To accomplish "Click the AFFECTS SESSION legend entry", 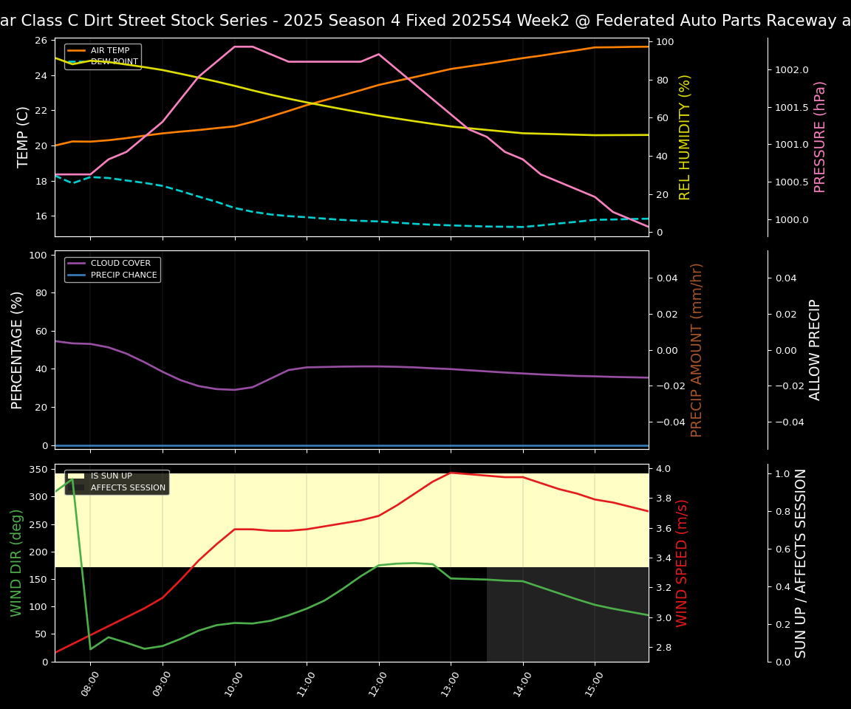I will click(128, 488).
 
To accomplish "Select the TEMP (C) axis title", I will click(23, 137).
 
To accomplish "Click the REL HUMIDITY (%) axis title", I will click(685, 137).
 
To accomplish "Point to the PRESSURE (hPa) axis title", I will click(820, 137).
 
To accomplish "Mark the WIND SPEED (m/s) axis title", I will click(682, 563).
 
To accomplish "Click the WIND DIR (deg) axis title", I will click(16, 563).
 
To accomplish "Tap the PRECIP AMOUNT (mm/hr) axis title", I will click(697, 349).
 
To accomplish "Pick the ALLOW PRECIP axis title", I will click(815, 349).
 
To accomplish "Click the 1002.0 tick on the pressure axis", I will click(792, 69).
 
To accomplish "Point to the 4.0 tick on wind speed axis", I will click(663, 469).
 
